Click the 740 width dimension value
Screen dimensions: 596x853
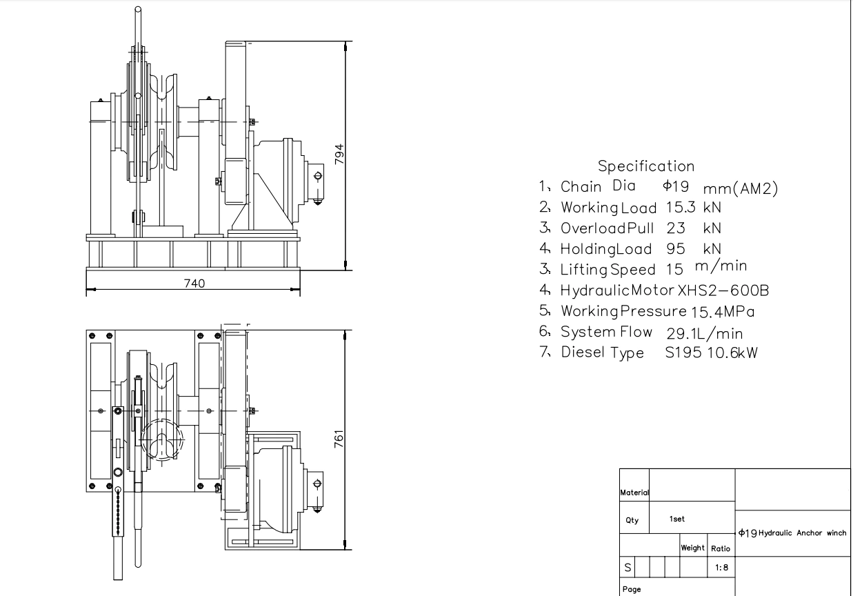(x=193, y=284)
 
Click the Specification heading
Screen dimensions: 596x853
(x=646, y=166)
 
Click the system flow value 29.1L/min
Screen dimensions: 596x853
(x=704, y=333)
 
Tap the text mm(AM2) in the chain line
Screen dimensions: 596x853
(x=741, y=189)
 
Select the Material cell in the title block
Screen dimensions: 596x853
(x=635, y=493)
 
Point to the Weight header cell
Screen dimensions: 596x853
(x=692, y=548)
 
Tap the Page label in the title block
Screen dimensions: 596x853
(x=632, y=589)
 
